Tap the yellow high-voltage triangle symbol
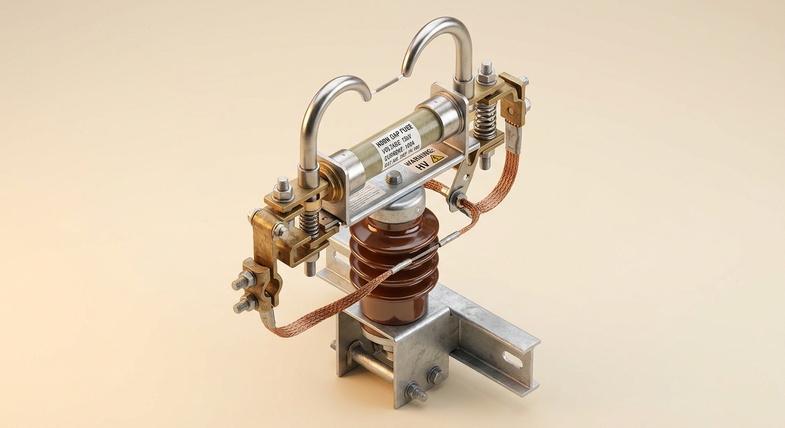437,158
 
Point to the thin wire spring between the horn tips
387,84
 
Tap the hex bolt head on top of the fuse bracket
394,177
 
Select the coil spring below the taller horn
485,120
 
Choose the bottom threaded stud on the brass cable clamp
244,305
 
